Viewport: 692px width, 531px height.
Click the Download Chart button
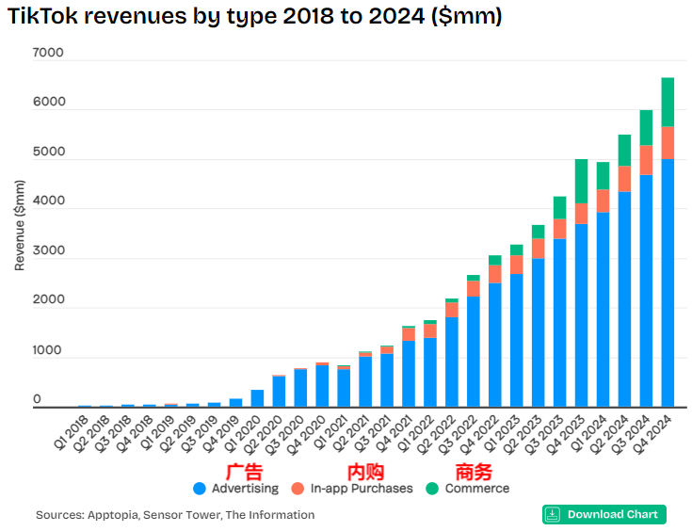(603, 514)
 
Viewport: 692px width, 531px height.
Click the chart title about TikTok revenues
(254, 17)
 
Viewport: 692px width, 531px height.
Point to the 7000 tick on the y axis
(49, 53)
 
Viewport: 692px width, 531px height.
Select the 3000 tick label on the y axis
(49, 251)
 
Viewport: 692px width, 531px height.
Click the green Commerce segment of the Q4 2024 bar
(668, 102)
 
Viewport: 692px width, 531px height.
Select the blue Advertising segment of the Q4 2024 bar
(668, 282)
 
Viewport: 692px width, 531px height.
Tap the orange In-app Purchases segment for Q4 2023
(581, 213)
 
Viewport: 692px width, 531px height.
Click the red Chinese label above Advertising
(244, 471)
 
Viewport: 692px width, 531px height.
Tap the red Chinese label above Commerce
(474, 471)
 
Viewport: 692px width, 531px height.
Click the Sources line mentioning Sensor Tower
(175, 515)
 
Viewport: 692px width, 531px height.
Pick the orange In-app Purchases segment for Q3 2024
(646, 160)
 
